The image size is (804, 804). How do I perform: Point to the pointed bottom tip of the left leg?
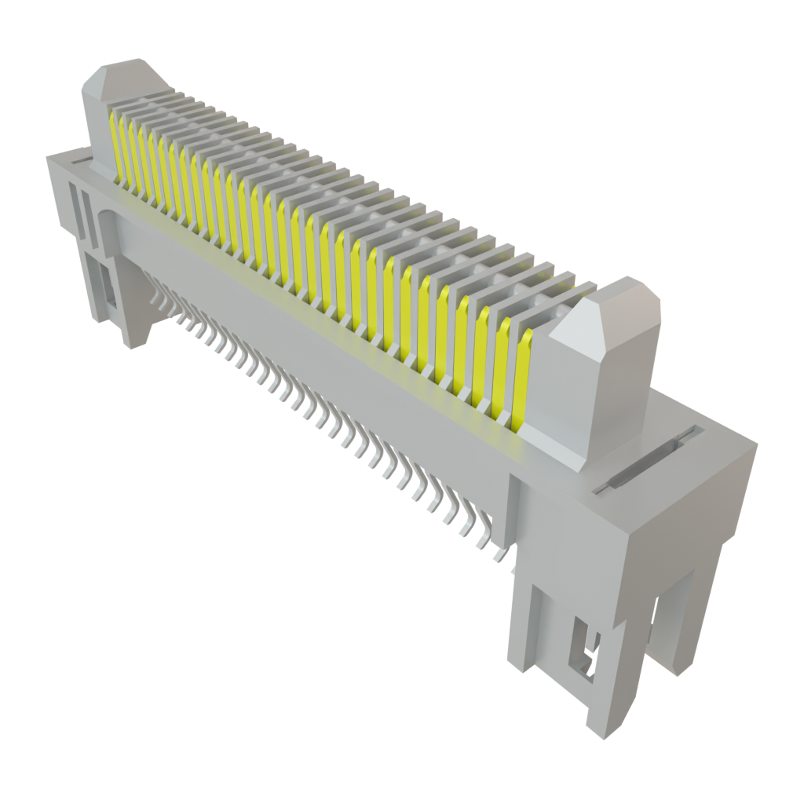pos(132,342)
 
